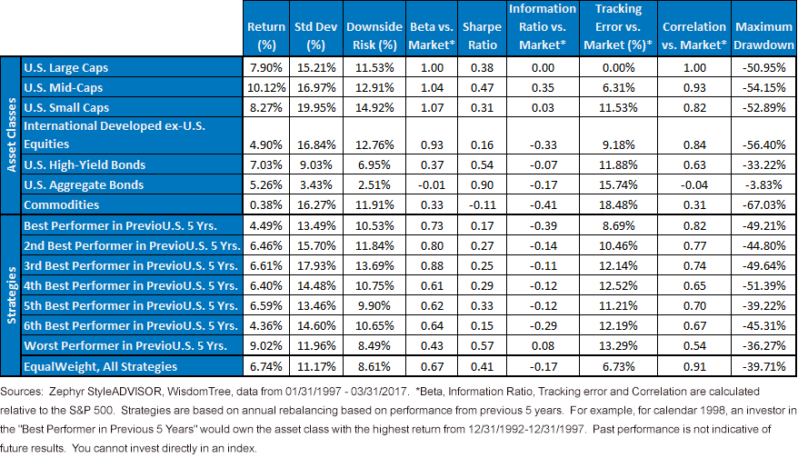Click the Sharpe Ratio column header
[x=482, y=35]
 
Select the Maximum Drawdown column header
[x=763, y=35]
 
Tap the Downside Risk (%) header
[x=374, y=35]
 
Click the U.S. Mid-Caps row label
[x=63, y=87]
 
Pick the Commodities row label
[x=61, y=204]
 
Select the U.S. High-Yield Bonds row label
[x=85, y=164]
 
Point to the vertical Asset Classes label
[x=11, y=134]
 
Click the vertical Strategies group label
[x=11, y=295]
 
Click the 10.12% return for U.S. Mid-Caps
[x=266, y=87]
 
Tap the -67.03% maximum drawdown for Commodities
[x=763, y=204]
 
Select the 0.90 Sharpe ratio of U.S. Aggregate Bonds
[x=482, y=184]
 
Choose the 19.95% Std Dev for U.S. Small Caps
[x=316, y=107]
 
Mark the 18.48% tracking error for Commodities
[x=618, y=204]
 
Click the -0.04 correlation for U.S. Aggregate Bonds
[x=694, y=184]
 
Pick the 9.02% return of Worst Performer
[x=266, y=345]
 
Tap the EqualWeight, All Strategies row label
[x=100, y=366]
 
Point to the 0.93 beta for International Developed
[x=432, y=144]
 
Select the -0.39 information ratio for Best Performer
[x=543, y=225]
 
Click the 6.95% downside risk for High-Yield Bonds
[x=374, y=164]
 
